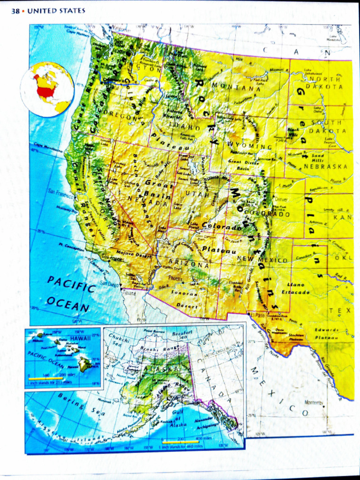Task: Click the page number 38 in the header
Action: (15, 11)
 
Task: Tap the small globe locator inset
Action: (47, 89)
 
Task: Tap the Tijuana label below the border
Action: (128, 291)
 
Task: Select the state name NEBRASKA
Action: (325, 166)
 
